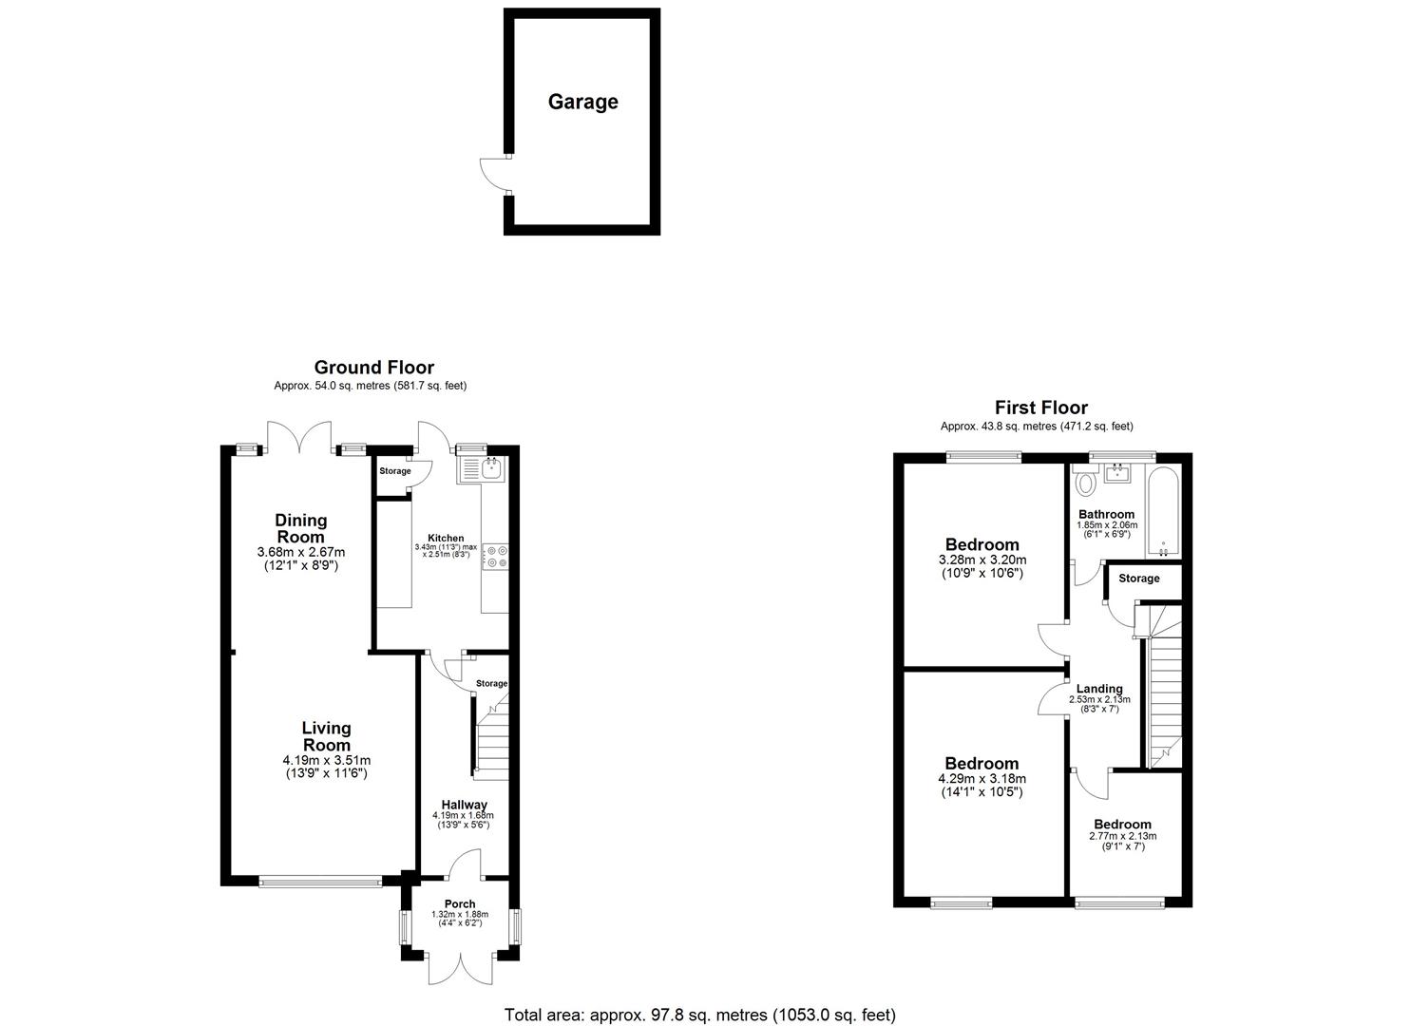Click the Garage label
click(582, 102)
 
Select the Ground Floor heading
click(373, 368)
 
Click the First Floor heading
click(1040, 408)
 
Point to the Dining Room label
click(300, 528)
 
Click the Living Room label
click(326, 736)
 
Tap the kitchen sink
click(492, 467)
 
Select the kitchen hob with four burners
click(495, 556)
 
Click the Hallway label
click(463, 805)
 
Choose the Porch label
click(460, 903)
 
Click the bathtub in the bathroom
click(1163, 512)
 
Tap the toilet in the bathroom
click(1085, 484)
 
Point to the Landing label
click(1099, 689)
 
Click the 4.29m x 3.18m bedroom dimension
click(982, 779)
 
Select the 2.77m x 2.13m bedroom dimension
click(1122, 836)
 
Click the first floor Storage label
click(1138, 579)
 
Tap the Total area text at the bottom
click(699, 1015)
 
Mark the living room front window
click(320, 882)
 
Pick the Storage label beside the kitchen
click(395, 471)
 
